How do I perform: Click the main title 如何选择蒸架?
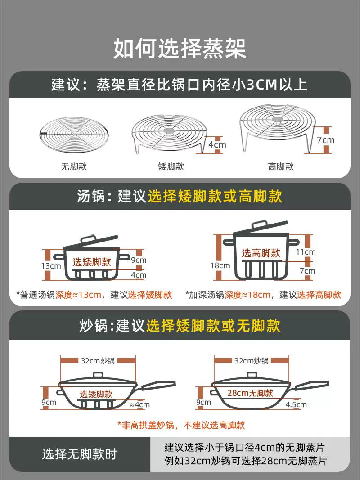click(180, 49)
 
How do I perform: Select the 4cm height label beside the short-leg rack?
click(217, 144)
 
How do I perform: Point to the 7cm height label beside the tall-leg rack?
click(326, 140)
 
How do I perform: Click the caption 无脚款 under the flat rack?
click(74, 166)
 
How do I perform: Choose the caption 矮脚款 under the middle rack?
click(171, 166)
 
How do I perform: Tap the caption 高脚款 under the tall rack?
click(281, 166)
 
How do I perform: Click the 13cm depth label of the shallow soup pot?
click(51, 266)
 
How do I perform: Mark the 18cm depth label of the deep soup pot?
click(220, 265)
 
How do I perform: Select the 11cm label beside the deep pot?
click(306, 252)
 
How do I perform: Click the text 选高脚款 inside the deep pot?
click(261, 253)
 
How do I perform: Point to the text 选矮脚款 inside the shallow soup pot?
click(92, 262)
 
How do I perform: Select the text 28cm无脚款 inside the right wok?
click(250, 393)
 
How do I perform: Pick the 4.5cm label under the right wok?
click(297, 404)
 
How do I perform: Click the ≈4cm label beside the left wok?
click(140, 404)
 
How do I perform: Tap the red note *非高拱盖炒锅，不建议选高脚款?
click(181, 425)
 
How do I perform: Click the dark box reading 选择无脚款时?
click(80, 454)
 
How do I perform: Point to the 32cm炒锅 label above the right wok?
click(252, 361)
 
